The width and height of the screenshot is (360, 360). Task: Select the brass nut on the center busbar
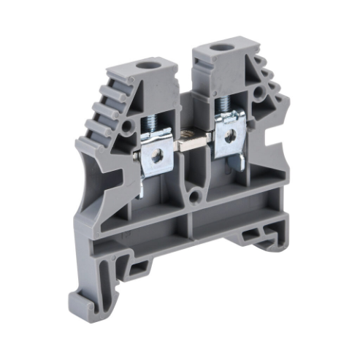pyautogui.click(x=193, y=137)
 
